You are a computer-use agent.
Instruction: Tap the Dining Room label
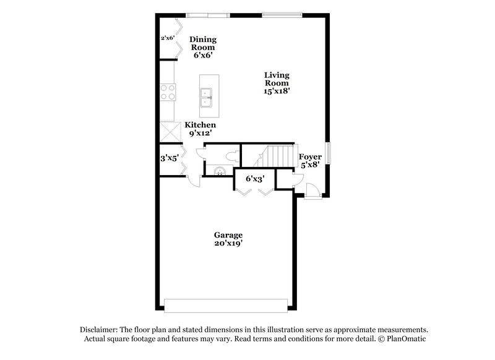(x=203, y=43)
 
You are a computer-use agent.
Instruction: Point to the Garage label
(x=228, y=235)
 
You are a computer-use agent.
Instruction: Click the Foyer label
(x=310, y=157)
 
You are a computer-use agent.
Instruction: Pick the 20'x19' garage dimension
(x=228, y=244)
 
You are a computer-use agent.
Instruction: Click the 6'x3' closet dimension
(x=256, y=179)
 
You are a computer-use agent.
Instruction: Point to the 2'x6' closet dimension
(x=168, y=38)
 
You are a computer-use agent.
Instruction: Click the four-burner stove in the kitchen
(x=168, y=92)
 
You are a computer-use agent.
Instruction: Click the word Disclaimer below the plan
(x=101, y=330)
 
